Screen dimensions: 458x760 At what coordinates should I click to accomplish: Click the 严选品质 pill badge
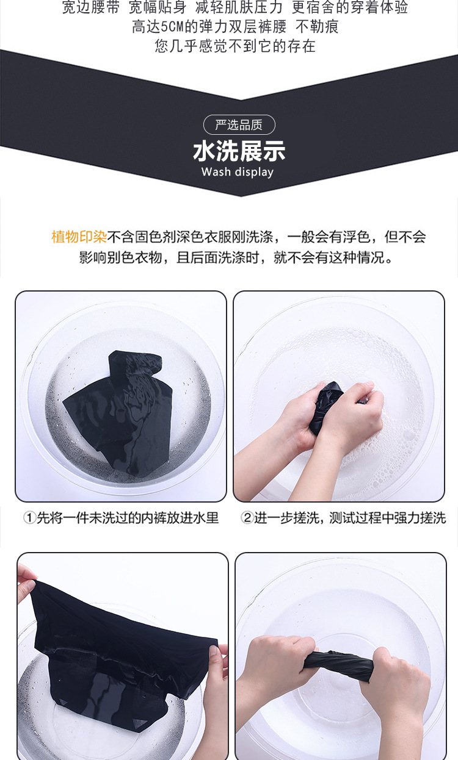pyautogui.click(x=239, y=125)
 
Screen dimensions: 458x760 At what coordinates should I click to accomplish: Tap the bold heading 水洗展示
pyautogui.click(x=239, y=151)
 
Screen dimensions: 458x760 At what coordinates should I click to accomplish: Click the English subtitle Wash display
pyautogui.click(x=237, y=172)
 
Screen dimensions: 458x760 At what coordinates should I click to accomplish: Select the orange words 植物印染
pyautogui.click(x=79, y=237)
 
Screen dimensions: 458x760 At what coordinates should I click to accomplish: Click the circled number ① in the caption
pyautogui.click(x=29, y=518)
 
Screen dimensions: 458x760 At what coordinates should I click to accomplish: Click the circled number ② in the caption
pyautogui.click(x=247, y=518)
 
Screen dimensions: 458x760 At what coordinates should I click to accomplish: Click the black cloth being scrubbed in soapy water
pyautogui.click(x=328, y=406)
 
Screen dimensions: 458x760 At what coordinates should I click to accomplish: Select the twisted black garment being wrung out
pyautogui.click(x=338, y=665)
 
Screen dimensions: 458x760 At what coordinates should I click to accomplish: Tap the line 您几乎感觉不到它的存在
pyautogui.click(x=235, y=46)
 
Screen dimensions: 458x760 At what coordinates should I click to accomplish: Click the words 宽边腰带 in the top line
pyautogui.click(x=91, y=7)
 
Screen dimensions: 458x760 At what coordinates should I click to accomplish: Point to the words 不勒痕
pyautogui.click(x=317, y=27)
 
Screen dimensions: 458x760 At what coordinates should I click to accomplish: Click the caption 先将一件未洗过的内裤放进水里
pyautogui.click(x=128, y=518)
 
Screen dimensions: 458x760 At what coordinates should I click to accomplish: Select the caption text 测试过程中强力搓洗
pyautogui.click(x=387, y=518)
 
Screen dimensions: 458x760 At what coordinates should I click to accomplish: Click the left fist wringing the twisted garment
pyautogui.click(x=272, y=665)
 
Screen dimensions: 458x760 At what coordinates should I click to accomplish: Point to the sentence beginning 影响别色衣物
pyautogui.click(x=236, y=257)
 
